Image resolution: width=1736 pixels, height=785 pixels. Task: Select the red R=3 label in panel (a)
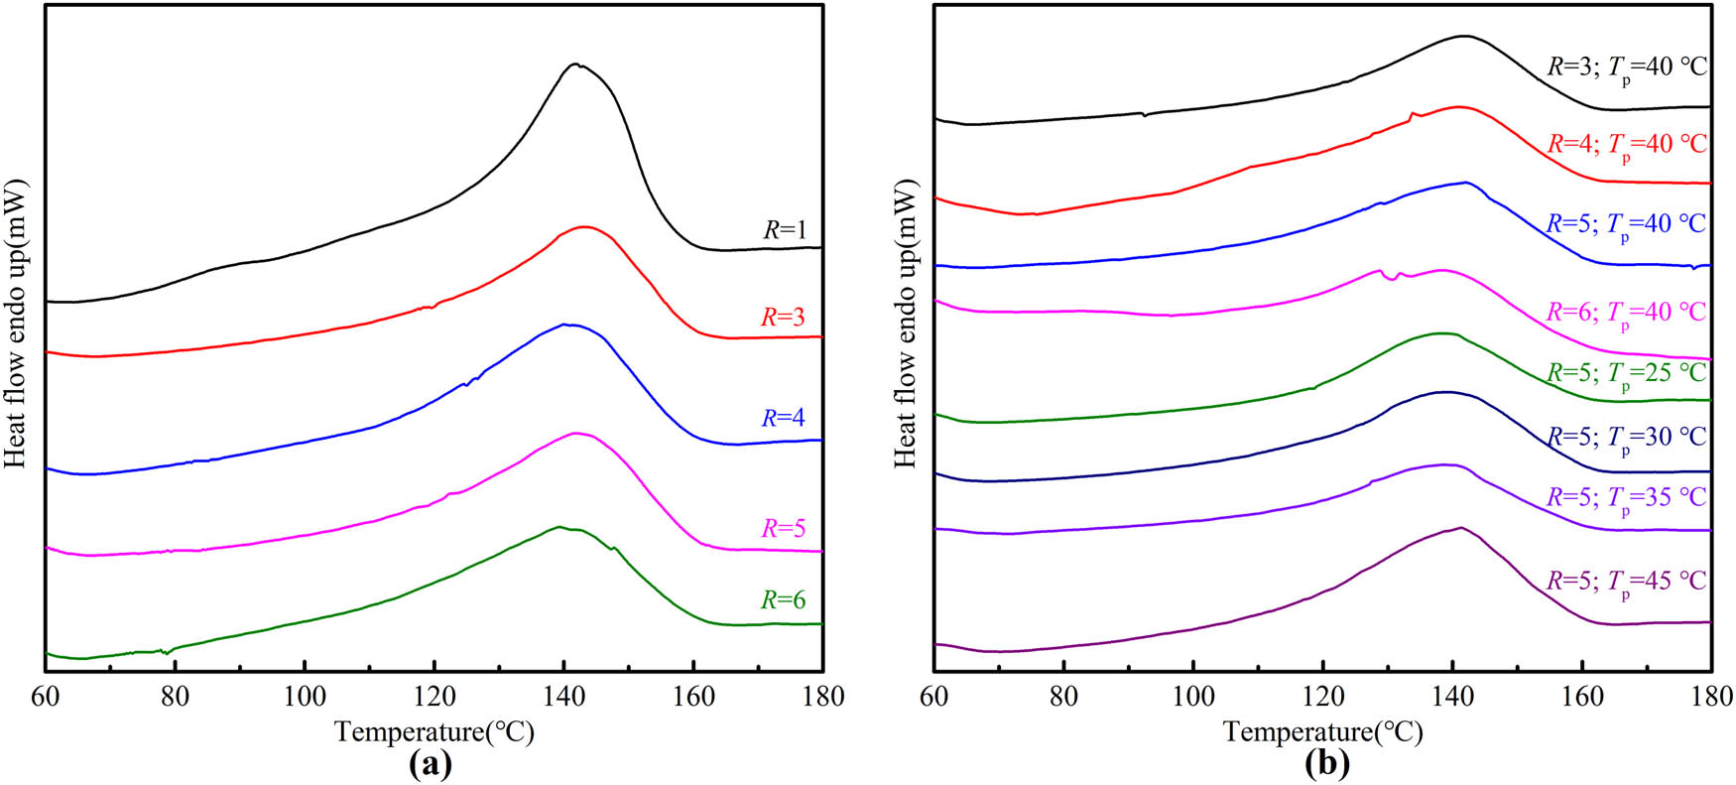coord(783,318)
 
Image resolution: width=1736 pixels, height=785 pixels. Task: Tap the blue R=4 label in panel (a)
coord(783,418)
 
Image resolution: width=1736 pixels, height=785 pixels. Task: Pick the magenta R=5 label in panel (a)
coord(783,529)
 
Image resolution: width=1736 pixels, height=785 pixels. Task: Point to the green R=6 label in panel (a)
coord(783,600)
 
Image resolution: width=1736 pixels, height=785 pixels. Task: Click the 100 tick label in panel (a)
coord(305,697)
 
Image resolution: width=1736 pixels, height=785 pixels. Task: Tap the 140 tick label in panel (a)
coord(563,697)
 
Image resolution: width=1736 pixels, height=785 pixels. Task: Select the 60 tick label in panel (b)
coord(934,697)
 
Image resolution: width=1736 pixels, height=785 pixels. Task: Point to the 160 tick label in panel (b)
coord(1582,697)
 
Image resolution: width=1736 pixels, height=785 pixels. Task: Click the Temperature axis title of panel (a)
coord(434,732)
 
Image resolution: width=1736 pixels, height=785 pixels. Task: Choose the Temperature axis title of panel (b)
coord(1323,732)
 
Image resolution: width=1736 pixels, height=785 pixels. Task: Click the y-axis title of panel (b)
coord(906,325)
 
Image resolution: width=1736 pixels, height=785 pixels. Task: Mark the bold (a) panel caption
coord(430,764)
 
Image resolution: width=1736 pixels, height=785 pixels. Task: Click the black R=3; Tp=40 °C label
coord(1627,68)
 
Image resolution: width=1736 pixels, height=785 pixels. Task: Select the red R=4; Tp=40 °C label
coord(1627,145)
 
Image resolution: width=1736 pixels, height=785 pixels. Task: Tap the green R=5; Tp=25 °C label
coord(1627,374)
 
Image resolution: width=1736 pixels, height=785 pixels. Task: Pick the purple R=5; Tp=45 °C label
coord(1627,582)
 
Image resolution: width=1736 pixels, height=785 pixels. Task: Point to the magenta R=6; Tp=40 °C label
coord(1627,314)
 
